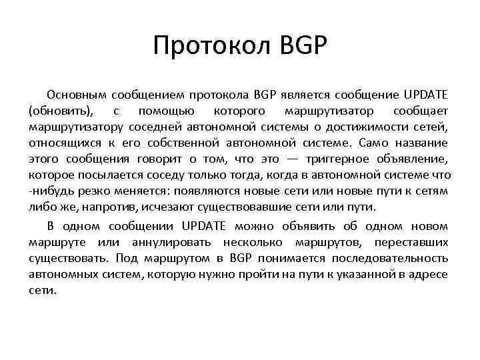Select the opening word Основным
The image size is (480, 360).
point(75,93)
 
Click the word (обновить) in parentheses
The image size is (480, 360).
point(63,110)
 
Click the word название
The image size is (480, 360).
point(423,143)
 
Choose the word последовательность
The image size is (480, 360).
point(387,257)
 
